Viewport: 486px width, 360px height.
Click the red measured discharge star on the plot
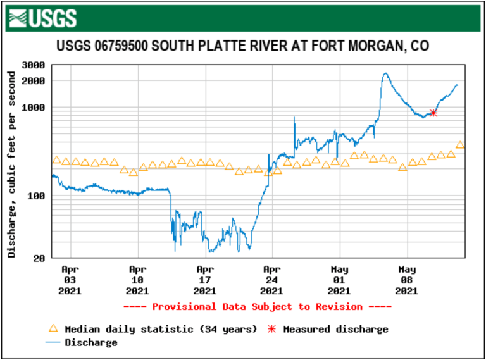(x=433, y=113)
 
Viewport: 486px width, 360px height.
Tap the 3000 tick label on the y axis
(x=32, y=65)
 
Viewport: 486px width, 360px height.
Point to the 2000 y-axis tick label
(x=32, y=81)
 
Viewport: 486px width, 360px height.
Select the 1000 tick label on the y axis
(x=32, y=108)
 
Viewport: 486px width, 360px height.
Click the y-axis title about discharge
(x=11, y=164)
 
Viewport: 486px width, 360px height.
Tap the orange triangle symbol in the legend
(x=54, y=329)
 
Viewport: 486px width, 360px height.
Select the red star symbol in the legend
(x=273, y=329)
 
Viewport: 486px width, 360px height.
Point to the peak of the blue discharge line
(x=385, y=73)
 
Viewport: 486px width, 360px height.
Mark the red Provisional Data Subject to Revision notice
(x=257, y=307)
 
